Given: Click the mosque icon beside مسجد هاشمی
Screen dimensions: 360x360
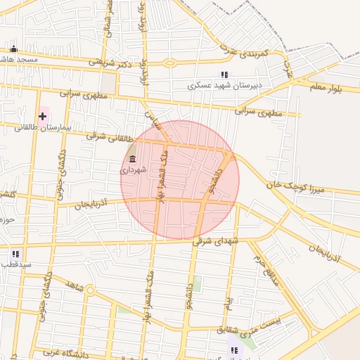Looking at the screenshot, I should coord(13,49).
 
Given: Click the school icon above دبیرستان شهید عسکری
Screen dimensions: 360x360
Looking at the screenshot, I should coord(224,75).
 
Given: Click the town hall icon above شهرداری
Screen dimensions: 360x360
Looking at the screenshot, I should coord(132,160).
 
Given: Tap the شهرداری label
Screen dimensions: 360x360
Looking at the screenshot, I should coord(132,170).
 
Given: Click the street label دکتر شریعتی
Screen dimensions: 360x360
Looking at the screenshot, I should coord(110,62).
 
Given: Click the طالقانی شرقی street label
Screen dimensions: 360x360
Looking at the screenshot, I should coord(108,136).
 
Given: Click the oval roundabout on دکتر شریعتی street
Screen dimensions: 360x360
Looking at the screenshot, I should coord(170,63).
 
